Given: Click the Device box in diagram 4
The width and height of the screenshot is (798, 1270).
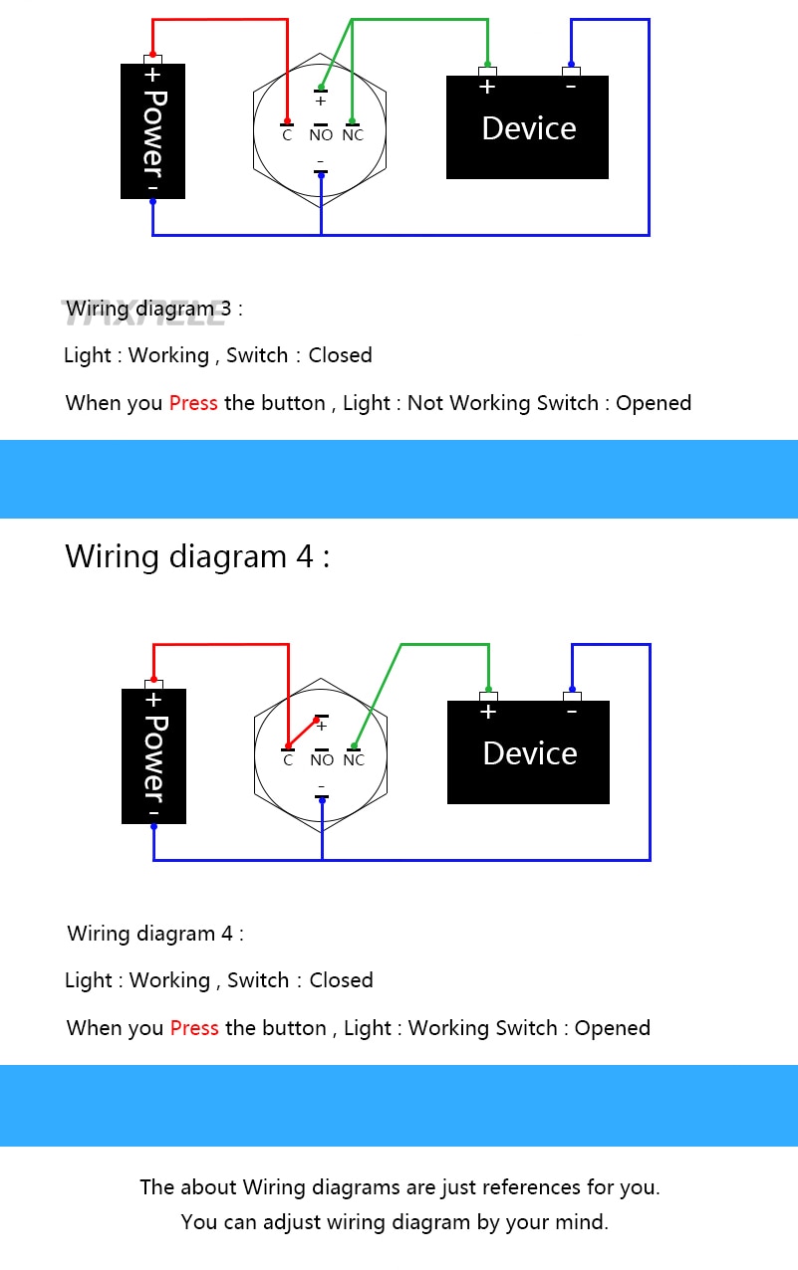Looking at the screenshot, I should tap(528, 752).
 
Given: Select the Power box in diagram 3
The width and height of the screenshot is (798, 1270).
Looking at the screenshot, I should tap(152, 131).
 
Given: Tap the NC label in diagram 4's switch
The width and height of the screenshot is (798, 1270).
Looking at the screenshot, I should tap(354, 760).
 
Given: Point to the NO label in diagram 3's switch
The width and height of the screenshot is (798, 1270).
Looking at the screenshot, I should tap(321, 135).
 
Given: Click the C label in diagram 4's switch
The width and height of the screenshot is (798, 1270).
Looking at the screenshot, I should tap(288, 760).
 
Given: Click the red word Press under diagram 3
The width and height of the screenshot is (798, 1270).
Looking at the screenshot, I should tap(193, 403).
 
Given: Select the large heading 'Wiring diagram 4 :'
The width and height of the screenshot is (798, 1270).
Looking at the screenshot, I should tap(197, 555).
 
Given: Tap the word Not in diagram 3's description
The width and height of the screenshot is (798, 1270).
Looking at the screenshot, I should tap(425, 403).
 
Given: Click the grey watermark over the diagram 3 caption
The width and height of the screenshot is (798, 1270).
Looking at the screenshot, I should tap(144, 313).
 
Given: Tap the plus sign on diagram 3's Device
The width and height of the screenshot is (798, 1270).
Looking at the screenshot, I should tap(487, 87).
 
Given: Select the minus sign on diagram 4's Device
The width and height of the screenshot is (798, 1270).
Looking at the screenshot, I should tap(572, 711).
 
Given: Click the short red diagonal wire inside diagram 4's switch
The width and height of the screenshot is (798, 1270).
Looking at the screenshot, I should tap(302, 734).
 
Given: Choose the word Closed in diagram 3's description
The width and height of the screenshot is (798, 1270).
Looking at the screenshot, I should tap(340, 355).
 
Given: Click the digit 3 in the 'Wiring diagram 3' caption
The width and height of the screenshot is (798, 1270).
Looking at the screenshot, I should tap(225, 309).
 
